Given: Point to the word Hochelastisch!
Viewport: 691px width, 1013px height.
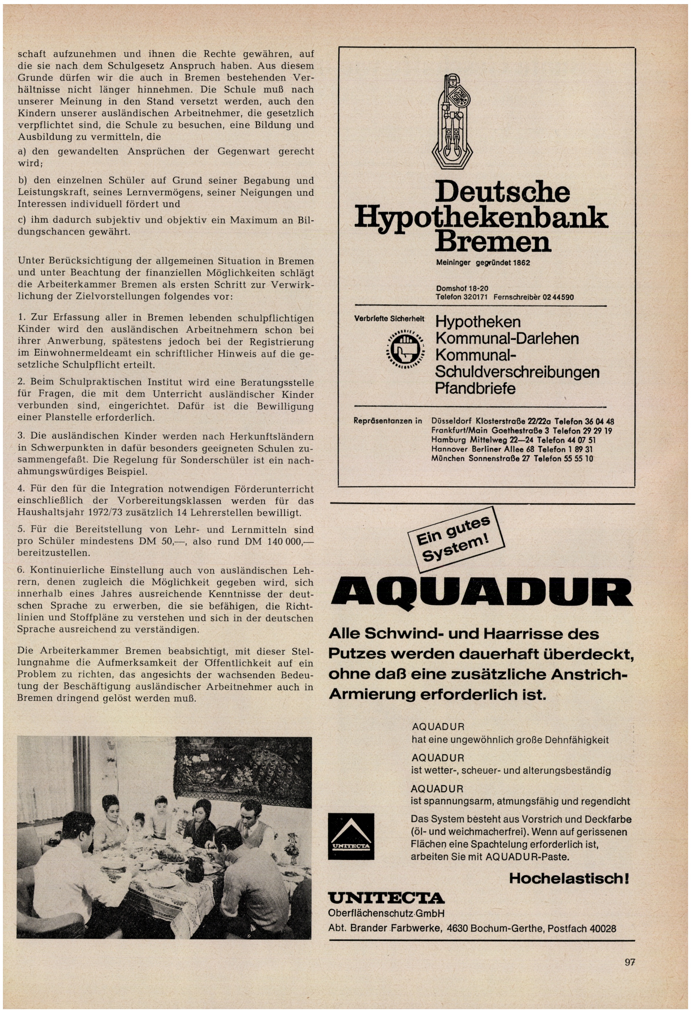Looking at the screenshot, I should pyautogui.click(x=569, y=878).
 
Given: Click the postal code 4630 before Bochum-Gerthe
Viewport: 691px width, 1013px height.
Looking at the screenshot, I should pyautogui.click(x=457, y=928).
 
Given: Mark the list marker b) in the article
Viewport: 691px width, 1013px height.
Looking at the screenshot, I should pyautogui.click(x=22, y=181).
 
